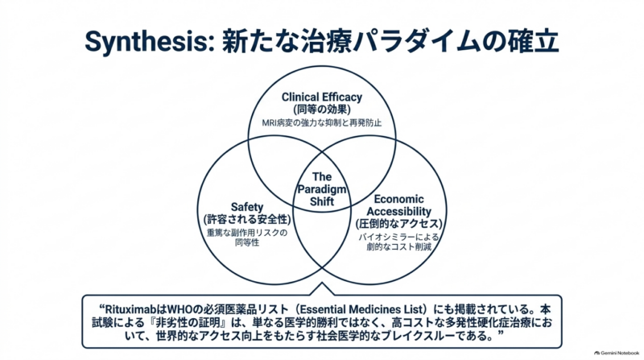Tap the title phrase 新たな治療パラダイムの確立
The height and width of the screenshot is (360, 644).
pos(390,41)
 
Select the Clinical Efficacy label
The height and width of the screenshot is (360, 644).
pos(321,97)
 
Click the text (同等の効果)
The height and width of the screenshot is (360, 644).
pos(321,110)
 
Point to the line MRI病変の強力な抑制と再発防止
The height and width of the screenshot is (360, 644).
pos(321,123)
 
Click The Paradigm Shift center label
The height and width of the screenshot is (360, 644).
pos(321,189)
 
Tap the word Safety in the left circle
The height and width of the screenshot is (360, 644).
pos(247,207)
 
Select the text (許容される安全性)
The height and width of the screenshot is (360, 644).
pos(247,219)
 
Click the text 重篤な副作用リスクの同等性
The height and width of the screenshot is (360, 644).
pos(247,238)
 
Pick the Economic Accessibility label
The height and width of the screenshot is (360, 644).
pos(398,205)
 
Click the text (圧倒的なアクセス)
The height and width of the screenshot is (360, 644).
pos(398,224)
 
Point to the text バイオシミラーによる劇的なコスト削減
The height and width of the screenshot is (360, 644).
pos(398,242)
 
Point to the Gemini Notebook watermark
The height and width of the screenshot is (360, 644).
pos(617,353)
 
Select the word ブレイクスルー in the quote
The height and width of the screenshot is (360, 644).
pos(418,336)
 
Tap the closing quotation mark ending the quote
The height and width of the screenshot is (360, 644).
pos(500,333)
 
